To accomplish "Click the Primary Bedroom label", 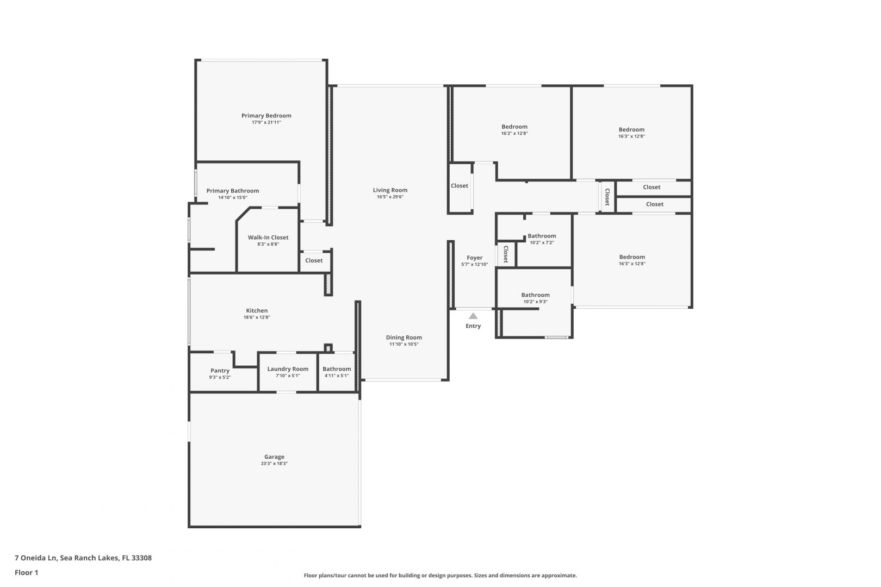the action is (x=266, y=116).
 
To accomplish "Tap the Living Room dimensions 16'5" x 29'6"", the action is (x=390, y=197).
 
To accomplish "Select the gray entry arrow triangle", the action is (x=473, y=316).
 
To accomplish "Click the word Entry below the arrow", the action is (x=473, y=326).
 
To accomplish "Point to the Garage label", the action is (x=274, y=457).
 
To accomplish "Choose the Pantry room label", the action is (x=220, y=371).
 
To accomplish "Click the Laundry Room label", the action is (x=288, y=369).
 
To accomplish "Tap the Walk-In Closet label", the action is (x=268, y=238).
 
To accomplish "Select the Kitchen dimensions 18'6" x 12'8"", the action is (x=257, y=317).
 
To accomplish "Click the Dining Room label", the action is (x=404, y=338).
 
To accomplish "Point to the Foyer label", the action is (x=475, y=258).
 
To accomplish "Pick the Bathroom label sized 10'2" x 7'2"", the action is (x=542, y=236).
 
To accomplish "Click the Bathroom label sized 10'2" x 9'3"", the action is (x=536, y=295).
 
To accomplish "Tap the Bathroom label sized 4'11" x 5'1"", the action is (x=337, y=369).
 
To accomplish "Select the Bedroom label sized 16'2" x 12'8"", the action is (x=514, y=127).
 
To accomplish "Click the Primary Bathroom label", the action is (x=233, y=191).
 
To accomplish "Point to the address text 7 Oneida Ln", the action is (x=36, y=558).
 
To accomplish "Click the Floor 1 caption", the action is (x=26, y=572).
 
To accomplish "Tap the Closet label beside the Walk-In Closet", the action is (x=314, y=260).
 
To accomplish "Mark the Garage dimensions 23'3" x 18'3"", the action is (x=274, y=464).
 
